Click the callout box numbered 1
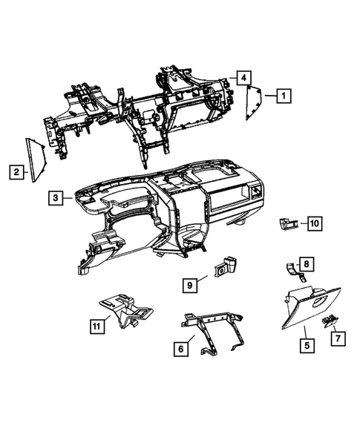(283, 96)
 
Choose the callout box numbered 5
(304, 345)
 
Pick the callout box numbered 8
(307, 263)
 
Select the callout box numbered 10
(314, 222)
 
